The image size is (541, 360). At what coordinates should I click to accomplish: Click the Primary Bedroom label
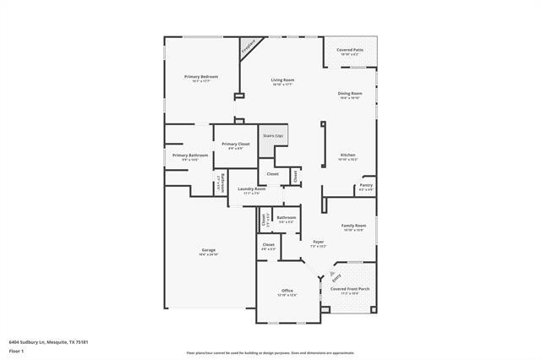pos(201,78)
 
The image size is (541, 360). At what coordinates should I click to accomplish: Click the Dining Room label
pos(350,95)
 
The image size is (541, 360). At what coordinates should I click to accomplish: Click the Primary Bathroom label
pos(190,156)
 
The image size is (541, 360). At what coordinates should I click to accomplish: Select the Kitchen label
pos(348,156)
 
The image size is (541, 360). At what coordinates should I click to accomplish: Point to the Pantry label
pos(366,186)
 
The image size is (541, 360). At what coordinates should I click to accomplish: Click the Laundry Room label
pos(251,190)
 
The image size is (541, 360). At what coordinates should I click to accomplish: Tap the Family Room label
pos(353,227)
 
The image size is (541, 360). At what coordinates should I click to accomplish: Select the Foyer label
pos(318,243)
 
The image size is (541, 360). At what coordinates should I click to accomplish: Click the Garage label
pos(208,251)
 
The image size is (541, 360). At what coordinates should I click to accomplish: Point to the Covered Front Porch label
pos(349,290)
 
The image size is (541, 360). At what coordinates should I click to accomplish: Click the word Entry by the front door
pos(336,275)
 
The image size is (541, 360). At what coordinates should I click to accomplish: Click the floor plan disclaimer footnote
pos(270,352)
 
